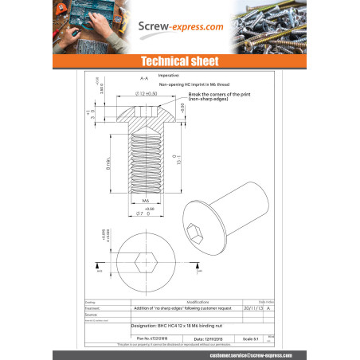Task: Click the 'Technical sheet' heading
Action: click(x=180, y=61)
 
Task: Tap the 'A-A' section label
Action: click(x=144, y=80)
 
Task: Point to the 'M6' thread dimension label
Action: click(x=146, y=202)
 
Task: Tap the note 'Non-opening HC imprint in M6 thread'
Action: click(x=195, y=82)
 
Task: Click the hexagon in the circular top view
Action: click(x=144, y=263)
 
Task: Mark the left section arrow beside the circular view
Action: click(x=100, y=265)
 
